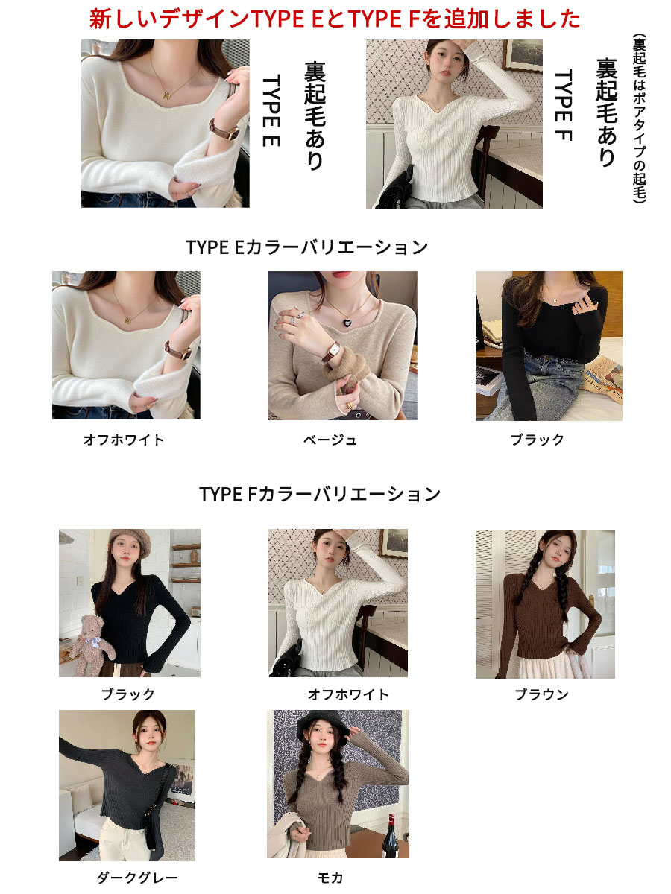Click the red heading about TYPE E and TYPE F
335,19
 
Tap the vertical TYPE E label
271,110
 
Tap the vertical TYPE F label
564,105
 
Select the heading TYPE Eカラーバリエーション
306,247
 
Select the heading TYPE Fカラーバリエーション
320,494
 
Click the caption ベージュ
330,440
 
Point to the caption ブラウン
541,694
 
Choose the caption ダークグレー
137,878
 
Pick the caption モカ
330,878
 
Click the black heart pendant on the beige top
347,323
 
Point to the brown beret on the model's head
130,539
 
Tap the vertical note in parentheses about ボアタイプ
639,118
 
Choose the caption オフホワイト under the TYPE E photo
124,440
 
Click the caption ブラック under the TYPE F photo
128,694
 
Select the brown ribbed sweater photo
545,604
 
